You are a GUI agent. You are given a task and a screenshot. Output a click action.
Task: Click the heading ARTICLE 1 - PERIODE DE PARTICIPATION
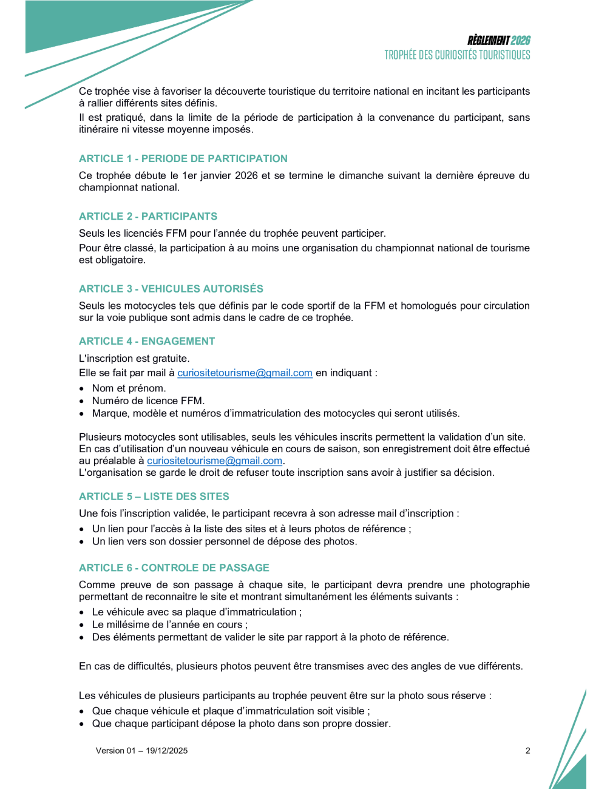(x=183, y=158)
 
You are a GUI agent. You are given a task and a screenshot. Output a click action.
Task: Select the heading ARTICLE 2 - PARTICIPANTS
(x=147, y=216)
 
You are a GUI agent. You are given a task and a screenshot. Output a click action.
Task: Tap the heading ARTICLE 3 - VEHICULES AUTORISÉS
(x=171, y=288)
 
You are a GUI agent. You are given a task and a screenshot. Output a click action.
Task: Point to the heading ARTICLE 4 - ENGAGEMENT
(x=146, y=341)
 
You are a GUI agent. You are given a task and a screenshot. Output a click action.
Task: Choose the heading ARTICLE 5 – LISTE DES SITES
(x=154, y=496)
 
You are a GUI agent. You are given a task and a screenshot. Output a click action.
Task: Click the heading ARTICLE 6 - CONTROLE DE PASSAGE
(x=174, y=567)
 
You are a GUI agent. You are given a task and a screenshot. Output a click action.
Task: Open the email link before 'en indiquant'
(x=245, y=373)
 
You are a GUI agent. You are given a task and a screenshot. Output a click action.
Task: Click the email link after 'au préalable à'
(x=214, y=461)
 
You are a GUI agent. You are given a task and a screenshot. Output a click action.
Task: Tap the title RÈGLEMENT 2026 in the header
(x=498, y=41)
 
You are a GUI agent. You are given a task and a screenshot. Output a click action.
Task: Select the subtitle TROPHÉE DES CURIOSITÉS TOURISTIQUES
(x=457, y=55)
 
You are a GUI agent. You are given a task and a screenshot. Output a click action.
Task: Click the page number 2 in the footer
(x=527, y=751)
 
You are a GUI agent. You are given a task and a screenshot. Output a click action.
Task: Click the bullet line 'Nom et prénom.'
(x=129, y=388)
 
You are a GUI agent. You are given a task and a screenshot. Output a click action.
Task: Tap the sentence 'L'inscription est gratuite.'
(x=134, y=359)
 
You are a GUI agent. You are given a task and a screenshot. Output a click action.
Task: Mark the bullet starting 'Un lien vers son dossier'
(x=224, y=541)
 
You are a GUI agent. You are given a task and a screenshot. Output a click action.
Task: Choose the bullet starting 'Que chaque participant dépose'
(x=241, y=723)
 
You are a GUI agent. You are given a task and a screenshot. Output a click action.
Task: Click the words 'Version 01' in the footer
(x=115, y=751)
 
